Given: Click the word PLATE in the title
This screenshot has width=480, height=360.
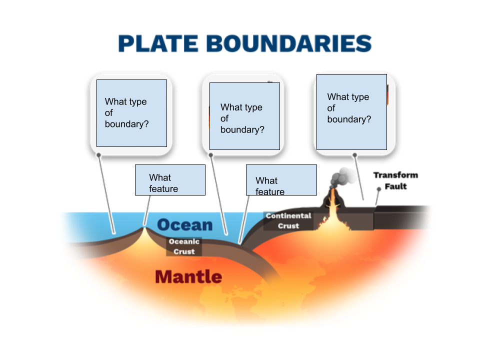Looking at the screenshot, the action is pyautogui.click(x=158, y=43).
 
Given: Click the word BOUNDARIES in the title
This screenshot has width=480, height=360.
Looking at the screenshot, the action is pyautogui.click(x=289, y=43).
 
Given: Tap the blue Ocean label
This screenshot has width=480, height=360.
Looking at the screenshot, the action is pyautogui.click(x=185, y=225).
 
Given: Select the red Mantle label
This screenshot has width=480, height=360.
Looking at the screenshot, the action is pyautogui.click(x=188, y=276).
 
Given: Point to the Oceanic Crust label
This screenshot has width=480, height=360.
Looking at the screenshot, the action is pyautogui.click(x=184, y=246).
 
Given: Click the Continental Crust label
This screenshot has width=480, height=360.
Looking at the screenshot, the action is pyautogui.click(x=288, y=220).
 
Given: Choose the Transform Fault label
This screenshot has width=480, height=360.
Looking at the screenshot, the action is pyautogui.click(x=395, y=180).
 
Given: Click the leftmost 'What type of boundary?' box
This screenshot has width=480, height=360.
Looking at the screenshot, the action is pyautogui.click(x=131, y=113).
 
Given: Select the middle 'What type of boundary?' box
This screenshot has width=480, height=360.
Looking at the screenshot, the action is pyautogui.click(x=244, y=116).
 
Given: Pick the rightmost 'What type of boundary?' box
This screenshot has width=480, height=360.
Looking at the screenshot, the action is pyautogui.click(x=351, y=112).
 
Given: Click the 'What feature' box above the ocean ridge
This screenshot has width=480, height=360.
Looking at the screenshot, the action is pyautogui.click(x=170, y=180).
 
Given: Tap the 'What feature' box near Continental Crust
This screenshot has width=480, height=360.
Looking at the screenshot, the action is pyautogui.click(x=281, y=180).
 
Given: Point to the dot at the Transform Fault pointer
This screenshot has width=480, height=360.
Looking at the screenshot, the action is pyautogui.click(x=378, y=189).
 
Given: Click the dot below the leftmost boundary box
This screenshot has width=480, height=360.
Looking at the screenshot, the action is pyautogui.click(x=99, y=155).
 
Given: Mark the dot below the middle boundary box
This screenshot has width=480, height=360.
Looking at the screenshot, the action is pyautogui.click(x=211, y=155).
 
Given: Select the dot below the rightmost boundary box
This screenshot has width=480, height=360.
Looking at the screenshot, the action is pyautogui.click(x=355, y=155).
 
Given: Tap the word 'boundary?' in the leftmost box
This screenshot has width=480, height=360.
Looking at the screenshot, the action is pyautogui.click(x=126, y=124).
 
